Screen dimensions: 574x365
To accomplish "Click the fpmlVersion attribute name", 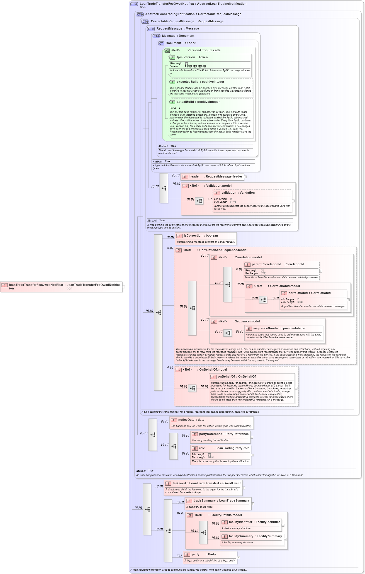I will [186, 57].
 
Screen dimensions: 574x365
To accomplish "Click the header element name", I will [194, 177].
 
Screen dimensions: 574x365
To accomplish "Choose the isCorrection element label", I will [193, 236].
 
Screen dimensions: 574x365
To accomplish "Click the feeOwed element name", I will [179, 483].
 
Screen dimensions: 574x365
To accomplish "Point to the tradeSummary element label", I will [205, 501].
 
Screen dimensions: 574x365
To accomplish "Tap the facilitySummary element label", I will [241, 536].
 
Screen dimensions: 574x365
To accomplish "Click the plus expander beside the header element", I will [245, 177].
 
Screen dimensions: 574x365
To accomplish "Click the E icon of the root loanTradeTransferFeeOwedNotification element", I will [4, 285].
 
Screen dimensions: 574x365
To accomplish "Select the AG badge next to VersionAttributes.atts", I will [167, 51].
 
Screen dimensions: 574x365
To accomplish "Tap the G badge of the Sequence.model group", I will [214, 322].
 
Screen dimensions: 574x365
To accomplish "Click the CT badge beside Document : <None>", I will [161, 43].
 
